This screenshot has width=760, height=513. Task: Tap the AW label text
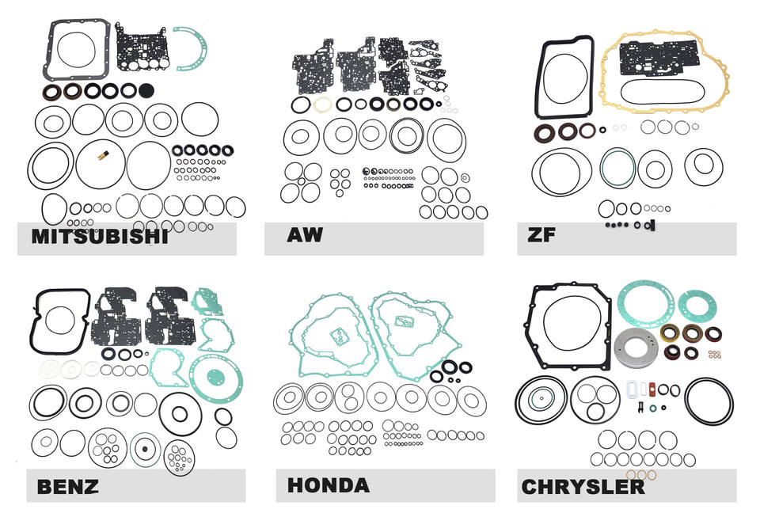pyautogui.click(x=304, y=235)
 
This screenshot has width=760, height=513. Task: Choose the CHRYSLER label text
pyautogui.click(x=582, y=485)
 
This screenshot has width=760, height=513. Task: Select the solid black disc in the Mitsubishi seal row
pyautogui.click(x=146, y=90)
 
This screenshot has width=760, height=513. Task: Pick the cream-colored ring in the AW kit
pyautogui.click(x=321, y=104)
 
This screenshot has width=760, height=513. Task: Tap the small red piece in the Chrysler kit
pyautogui.click(x=652, y=389)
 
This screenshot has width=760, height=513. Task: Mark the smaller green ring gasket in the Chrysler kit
pyautogui.click(x=697, y=306)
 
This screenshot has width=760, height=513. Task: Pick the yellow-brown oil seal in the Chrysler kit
pyautogui.click(x=671, y=333)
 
